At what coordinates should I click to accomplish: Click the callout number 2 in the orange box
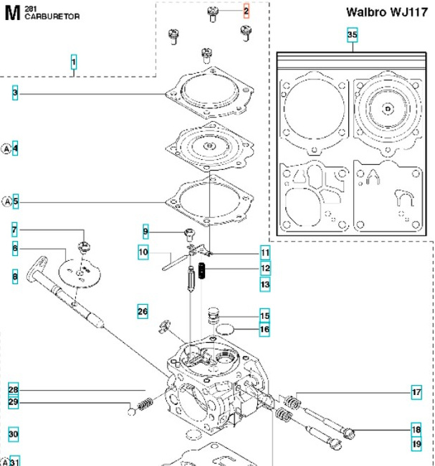click(x=247, y=11)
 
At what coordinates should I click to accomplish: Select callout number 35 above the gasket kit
click(x=352, y=35)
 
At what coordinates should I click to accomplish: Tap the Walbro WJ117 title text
click(x=387, y=12)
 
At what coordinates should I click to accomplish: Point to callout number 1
click(x=74, y=62)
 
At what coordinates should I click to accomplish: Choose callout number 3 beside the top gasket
click(x=14, y=93)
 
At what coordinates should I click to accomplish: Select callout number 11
click(x=265, y=252)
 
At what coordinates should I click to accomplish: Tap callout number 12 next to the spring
click(x=265, y=269)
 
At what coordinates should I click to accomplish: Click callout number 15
click(x=264, y=315)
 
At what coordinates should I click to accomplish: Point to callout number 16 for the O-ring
click(x=264, y=330)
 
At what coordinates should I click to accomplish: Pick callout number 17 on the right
click(x=416, y=392)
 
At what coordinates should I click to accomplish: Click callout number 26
click(x=143, y=311)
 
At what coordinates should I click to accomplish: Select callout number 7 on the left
click(x=14, y=231)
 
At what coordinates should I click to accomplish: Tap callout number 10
click(x=143, y=252)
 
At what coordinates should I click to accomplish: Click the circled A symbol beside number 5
click(x=6, y=202)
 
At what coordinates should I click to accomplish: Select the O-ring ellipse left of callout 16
click(x=224, y=330)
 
